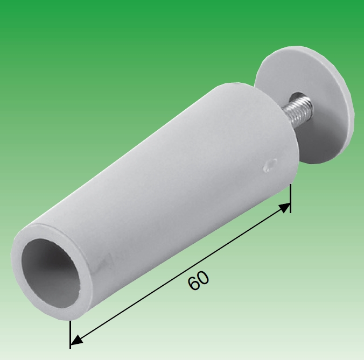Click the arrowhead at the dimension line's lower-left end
[77, 340]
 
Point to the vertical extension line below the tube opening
[70, 334]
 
